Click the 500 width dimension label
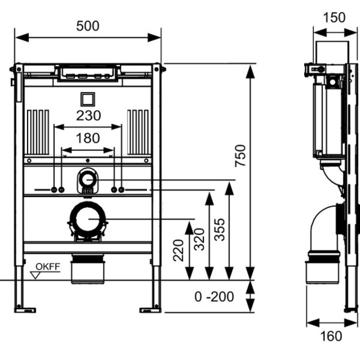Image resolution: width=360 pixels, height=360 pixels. point(88,26)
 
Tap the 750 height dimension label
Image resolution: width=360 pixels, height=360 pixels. point(240,156)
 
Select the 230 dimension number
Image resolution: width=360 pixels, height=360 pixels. point(88,115)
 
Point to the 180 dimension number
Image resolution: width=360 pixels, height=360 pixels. point(88,138)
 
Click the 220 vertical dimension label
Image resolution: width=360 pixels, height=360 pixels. point(179,250)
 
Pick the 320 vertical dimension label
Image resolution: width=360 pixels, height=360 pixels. point(199,239)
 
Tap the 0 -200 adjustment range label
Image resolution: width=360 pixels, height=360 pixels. point(214,297)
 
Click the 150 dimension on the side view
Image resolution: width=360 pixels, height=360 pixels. point(334,17)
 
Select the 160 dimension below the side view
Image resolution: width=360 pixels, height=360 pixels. point(331,336)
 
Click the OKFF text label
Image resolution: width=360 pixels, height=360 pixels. point(48,267)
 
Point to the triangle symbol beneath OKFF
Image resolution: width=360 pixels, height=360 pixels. point(35,275)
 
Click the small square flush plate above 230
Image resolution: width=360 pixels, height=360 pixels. point(88,100)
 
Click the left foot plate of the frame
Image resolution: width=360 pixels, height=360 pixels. point(25,310)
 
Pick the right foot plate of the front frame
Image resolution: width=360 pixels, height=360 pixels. point(150,310)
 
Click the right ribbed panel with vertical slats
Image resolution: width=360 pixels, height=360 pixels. point(138,132)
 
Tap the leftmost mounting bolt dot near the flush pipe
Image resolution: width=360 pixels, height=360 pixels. point(54,190)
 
